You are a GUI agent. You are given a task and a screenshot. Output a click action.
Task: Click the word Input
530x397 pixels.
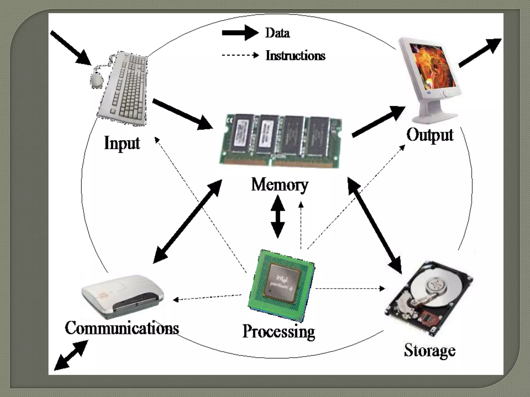point(122,143)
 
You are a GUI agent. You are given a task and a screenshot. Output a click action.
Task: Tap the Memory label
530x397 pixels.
point(279,185)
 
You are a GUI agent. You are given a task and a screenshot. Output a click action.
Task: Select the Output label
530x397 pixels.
point(430,135)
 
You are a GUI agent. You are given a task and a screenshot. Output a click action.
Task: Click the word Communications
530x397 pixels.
point(122,328)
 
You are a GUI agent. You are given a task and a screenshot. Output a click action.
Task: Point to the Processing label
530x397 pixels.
point(279,332)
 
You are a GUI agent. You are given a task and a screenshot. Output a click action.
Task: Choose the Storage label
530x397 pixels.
point(430,351)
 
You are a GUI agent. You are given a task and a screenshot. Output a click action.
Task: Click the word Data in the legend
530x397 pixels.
point(277,33)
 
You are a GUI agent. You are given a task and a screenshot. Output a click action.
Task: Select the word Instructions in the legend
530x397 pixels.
point(295,56)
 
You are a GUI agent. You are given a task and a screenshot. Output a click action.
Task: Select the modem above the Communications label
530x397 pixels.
point(122,297)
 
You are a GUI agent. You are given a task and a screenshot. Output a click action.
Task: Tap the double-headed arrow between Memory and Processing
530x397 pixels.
point(277,217)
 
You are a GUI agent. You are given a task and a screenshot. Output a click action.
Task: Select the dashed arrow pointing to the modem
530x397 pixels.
point(207,297)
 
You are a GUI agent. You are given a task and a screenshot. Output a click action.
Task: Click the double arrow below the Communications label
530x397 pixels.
point(71,355)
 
